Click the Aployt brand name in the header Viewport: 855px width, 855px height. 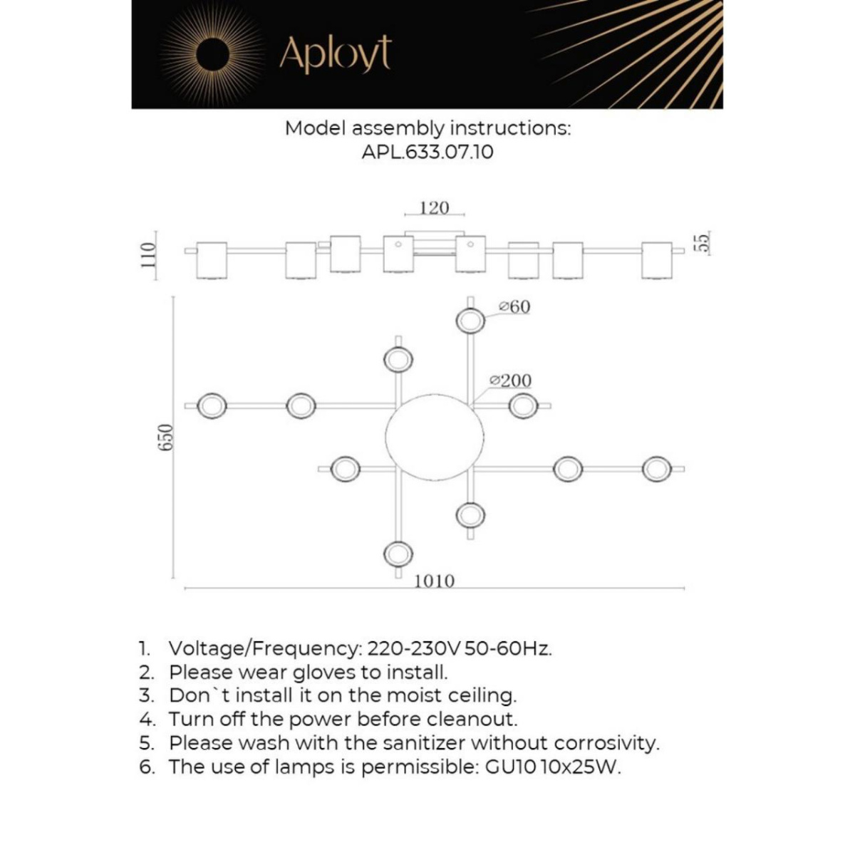click(335, 54)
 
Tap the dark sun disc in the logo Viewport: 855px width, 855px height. click(212, 55)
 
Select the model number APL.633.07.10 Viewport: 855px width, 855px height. click(427, 152)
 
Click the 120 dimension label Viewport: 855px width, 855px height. click(435, 207)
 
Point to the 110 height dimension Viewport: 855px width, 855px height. click(149, 255)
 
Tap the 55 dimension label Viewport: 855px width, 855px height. click(704, 242)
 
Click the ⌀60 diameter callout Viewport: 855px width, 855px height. click(514, 306)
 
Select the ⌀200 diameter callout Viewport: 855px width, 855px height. click(510, 380)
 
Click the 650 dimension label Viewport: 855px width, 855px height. click(165, 437)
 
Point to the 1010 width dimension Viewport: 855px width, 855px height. click(435, 581)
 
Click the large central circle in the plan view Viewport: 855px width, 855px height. click(435, 437)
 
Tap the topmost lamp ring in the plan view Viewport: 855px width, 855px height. click(470, 321)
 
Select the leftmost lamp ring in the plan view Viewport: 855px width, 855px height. click(212, 406)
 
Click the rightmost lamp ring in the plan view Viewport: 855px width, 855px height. click(657, 469)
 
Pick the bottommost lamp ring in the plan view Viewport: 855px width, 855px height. click(398, 554)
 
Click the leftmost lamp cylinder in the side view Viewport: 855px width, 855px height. click(212, 261)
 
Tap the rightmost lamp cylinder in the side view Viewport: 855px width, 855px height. click(657, 261)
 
